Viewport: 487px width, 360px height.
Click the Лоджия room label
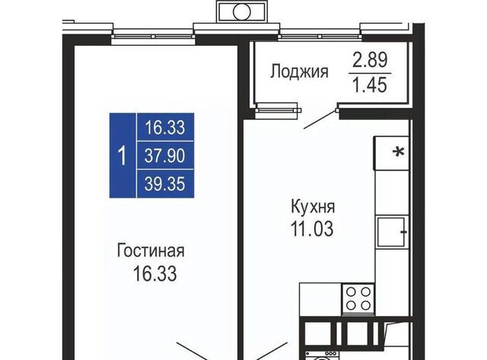[299, 72]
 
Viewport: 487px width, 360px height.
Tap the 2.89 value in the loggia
[370, 60]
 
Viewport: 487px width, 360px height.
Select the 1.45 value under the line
[370, 84]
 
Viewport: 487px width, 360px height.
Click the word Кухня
[313, 207]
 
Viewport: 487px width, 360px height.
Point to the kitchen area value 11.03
[312, 229]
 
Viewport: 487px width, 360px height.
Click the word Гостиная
[151, 250]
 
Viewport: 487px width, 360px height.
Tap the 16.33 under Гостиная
[154, 274]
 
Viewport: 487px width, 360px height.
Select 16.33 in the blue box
[165, 128]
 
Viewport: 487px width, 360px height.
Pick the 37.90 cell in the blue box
[165, 155]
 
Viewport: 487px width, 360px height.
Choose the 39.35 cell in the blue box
[165, 184]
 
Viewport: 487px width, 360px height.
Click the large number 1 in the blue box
[123, 155]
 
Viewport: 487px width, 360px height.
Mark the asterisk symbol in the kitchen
[399, 152]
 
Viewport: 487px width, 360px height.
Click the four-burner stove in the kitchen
[358, 299]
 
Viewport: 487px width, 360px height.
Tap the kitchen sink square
[391, 232]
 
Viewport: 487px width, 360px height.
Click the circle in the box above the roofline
[242, 12]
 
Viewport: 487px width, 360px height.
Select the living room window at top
[153, 37]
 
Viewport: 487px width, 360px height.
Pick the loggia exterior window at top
[320, 37]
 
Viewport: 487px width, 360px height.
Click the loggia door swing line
[320, 119]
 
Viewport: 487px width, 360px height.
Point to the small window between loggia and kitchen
[278, 110]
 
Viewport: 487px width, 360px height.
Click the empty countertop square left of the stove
[320, 299]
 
